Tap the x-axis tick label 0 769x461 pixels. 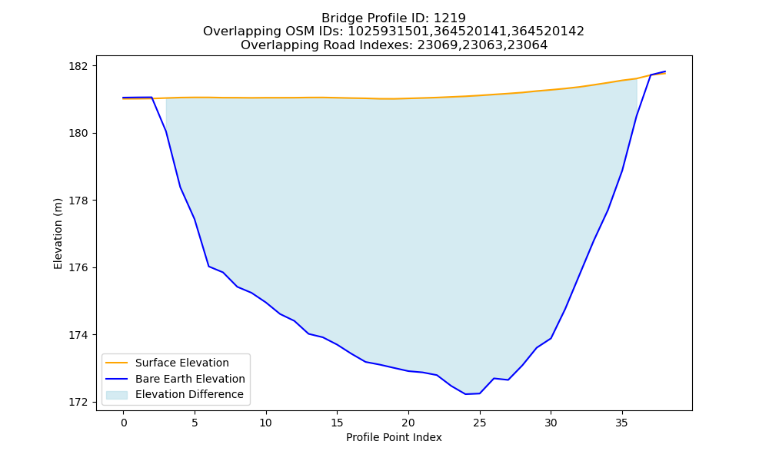pos(124,423)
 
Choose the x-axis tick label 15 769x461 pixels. pos(337,423)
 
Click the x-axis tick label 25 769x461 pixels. pos(480,423)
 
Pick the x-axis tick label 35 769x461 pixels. pos(622,423)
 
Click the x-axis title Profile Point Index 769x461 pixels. pos(394,437)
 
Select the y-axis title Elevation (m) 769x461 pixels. pos(58,234)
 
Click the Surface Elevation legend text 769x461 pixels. pos(182,363)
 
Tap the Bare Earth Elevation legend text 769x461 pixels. pos(190,379)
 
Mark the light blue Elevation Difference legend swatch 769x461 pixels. pos(117,395)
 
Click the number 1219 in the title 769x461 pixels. pos(450,18)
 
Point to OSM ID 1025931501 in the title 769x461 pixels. pos(390,32)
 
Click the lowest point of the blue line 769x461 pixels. pos(465,394)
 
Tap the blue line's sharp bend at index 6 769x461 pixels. pos(209,267)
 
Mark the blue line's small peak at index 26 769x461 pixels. pos(494,378)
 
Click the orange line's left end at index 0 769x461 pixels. pos(124,98)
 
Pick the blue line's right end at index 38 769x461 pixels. pos(665,71)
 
